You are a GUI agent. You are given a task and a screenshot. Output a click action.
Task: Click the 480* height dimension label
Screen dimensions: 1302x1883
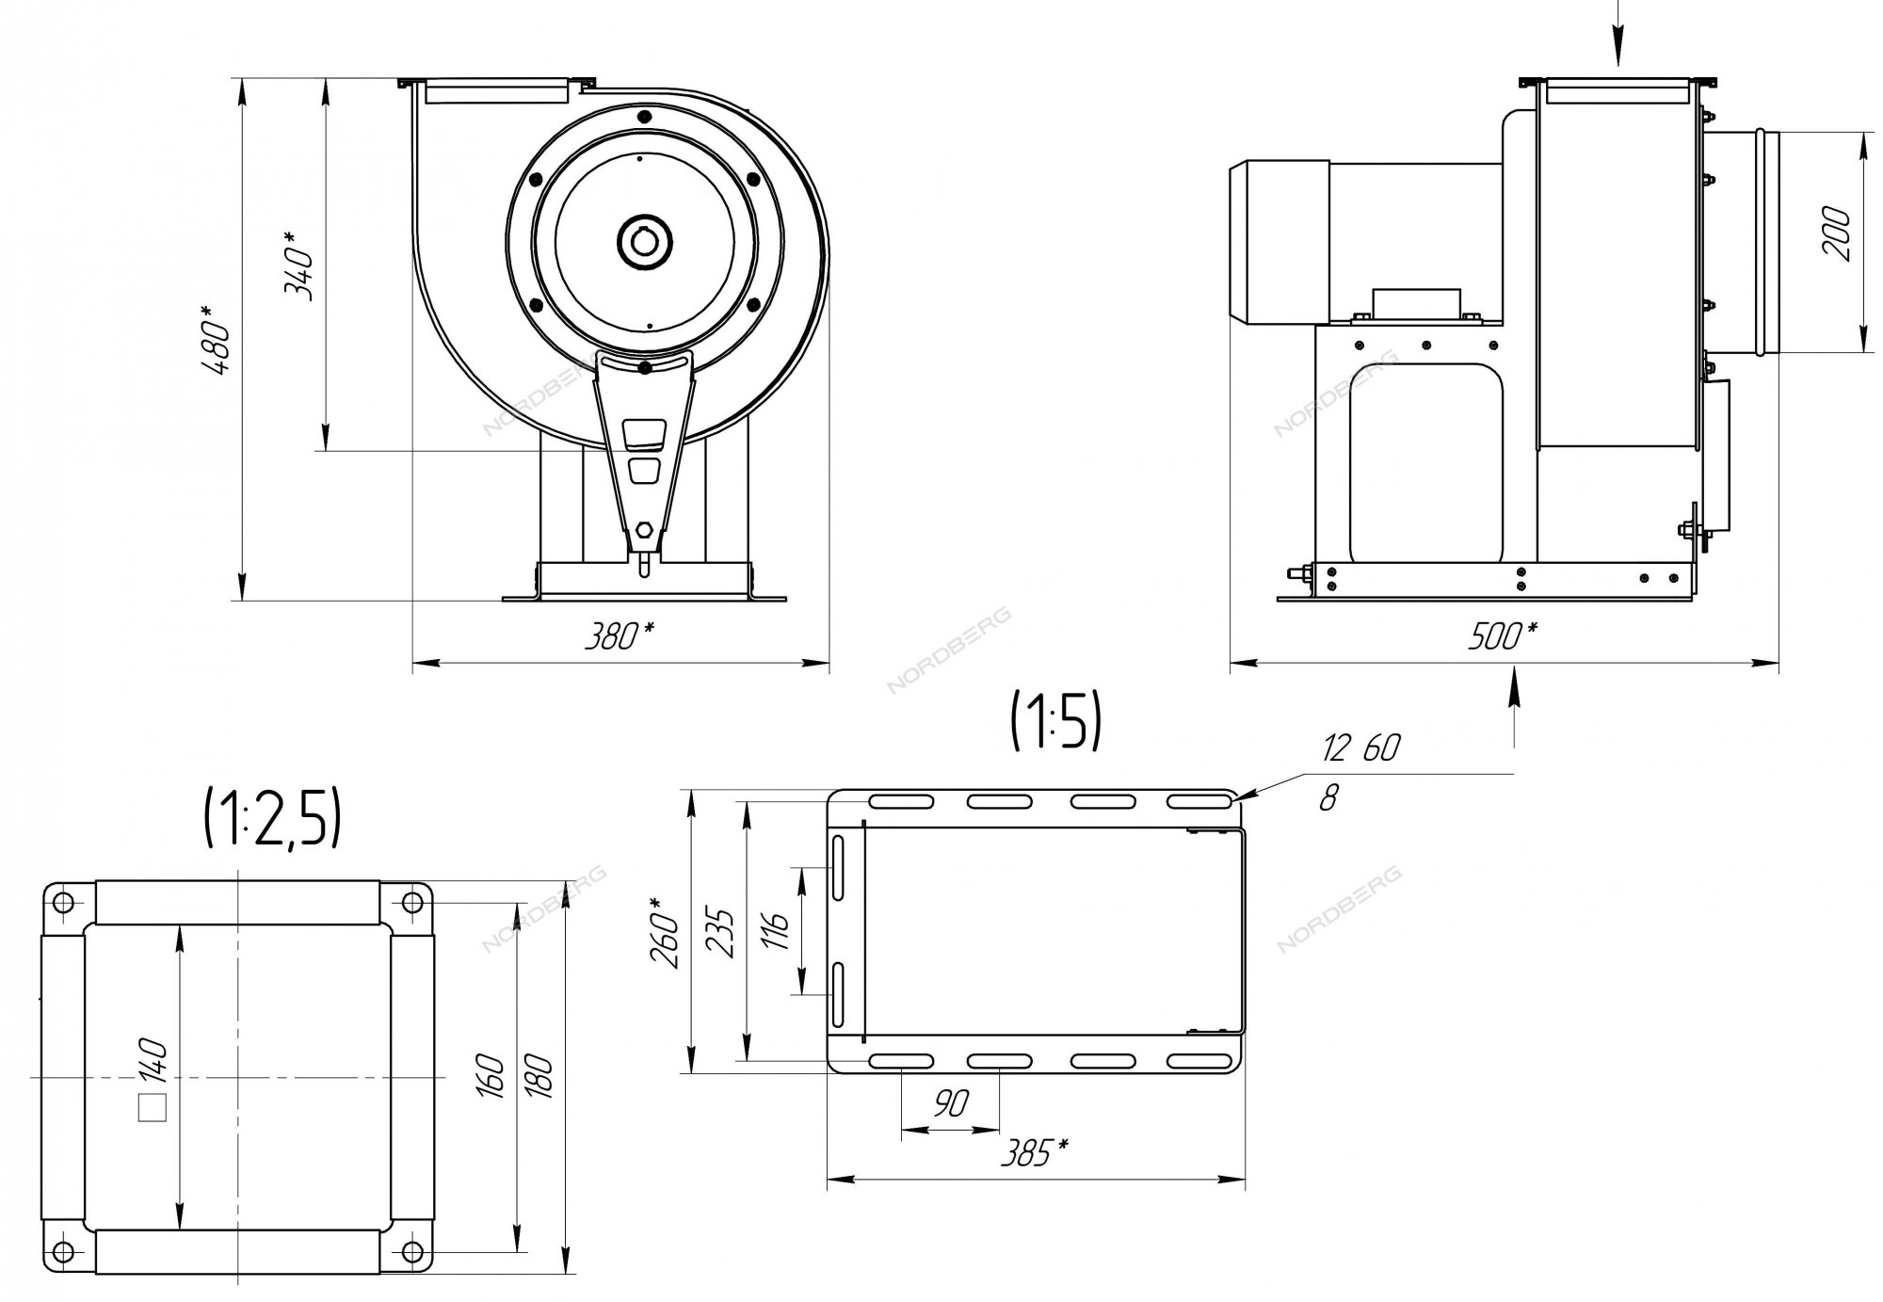pos(216,340)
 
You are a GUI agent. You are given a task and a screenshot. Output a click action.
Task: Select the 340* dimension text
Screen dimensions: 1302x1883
pos(298,263)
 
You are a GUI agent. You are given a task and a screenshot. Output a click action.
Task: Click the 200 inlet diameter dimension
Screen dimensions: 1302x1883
pos(1837,234)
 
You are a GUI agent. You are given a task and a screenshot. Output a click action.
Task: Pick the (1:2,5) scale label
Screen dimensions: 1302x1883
pos(272,819)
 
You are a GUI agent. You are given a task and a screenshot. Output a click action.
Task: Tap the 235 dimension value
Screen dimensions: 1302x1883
pos(720,932)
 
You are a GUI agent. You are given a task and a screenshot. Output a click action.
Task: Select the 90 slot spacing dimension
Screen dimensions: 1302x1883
pos(952,1103)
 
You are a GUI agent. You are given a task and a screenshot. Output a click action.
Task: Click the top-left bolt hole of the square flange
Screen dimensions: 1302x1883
pos(63,902)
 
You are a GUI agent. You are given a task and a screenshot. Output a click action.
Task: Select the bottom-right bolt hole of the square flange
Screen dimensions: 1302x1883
pos(411,1251)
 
